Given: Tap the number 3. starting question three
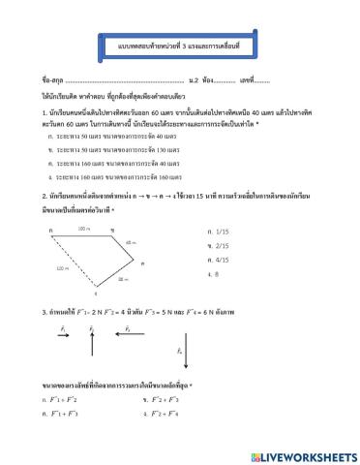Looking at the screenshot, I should pos(45,311).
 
